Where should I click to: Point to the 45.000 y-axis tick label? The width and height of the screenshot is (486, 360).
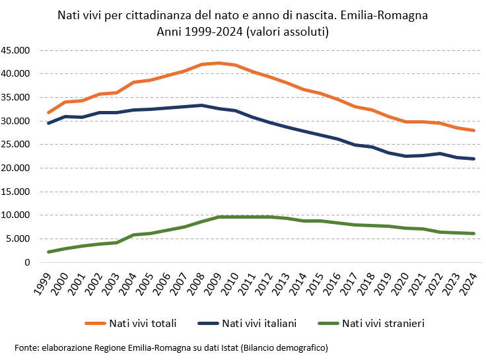click(16, 50)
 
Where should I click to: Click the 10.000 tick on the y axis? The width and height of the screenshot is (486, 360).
click(16, 215)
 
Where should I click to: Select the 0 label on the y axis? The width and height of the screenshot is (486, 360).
click(28, 262)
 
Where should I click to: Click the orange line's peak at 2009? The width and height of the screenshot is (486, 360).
click(219, 63)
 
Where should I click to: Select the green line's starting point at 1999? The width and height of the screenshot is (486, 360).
click(49, 252)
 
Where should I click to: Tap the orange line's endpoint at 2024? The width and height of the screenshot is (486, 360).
click(473, 130)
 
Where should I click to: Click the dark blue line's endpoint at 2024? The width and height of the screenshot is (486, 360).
click(473, 159)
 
